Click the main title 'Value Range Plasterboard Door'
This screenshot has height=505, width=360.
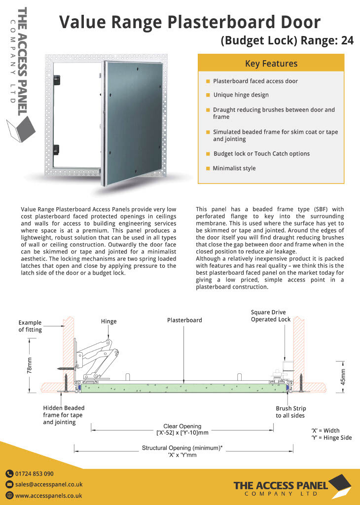pyautogui.click(x=190, y=22)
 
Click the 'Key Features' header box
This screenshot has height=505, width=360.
pyautogui.click(x=271, y=64)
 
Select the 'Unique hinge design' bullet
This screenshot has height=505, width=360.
pyautogui.click(x=241, y=95)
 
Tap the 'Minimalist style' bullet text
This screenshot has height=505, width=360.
pyautogui.click(x=234, y=168)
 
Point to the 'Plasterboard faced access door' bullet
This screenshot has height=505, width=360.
pyautogui.click(x=255, y=81)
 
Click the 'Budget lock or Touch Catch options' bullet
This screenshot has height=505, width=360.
pyautogui.click(x=261, y=153)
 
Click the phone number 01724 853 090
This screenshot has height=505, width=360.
pyautogui.click(x=34, y=473)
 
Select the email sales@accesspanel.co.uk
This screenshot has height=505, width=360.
pyautogui.click(x=48, y=484)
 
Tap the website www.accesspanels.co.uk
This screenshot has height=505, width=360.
pyautogui.click(x=48, y=496)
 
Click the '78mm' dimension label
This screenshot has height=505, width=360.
pyautogui.click(x=30, y=365)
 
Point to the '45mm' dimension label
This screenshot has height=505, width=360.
pyautogui.click(x=344, y=377)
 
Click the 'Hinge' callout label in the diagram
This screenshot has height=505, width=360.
pyautogui.click(x=108, y=322)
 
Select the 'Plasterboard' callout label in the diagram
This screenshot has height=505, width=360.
pyautogui.click(x=184, y=320)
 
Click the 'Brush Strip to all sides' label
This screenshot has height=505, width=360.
pyautogui.click(x=290, y=412)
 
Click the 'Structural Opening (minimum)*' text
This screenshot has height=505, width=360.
pyautogui.click(x=182, y=448)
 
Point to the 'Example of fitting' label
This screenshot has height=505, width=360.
pyautogui.click(x=30, y=326)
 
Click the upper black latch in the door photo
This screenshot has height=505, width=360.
pyautogui.click(x=57, y=78)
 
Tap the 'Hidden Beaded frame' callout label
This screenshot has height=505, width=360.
pyautogui.click(x=64, y=415)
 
